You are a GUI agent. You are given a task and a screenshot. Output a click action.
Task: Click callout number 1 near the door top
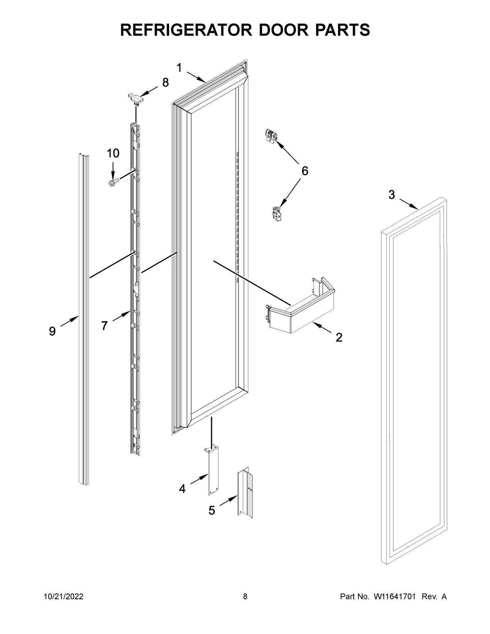tap(179, 68)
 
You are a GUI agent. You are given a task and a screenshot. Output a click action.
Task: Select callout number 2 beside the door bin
tap(339, 338)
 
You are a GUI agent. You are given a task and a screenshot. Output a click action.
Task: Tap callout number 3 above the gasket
tap(392, 195)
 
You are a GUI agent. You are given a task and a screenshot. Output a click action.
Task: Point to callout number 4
tap(182, 488)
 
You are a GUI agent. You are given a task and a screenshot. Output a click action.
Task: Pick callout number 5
tap(212, 510)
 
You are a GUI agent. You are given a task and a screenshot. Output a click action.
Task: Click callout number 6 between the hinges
tap(305, 171)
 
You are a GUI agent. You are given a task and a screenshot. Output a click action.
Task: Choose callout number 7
tap(105, 325)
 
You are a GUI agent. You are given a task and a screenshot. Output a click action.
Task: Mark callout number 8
tap(165, 82)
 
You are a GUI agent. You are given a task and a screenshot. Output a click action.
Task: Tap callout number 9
tap(52, 331)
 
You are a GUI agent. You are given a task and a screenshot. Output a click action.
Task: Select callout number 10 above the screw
tap(113, 153)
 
